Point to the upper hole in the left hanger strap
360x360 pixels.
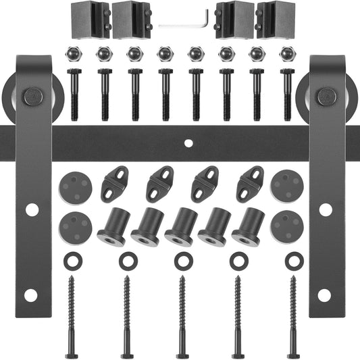click(x=31, y=210)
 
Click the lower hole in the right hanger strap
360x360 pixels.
click(x=325, y=294)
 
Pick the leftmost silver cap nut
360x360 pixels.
click(x=73, y=53)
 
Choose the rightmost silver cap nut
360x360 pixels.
click(x=286, y=53)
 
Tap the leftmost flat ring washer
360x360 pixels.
click(x=70, y=259)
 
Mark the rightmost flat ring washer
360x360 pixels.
click(x=292, y=259)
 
